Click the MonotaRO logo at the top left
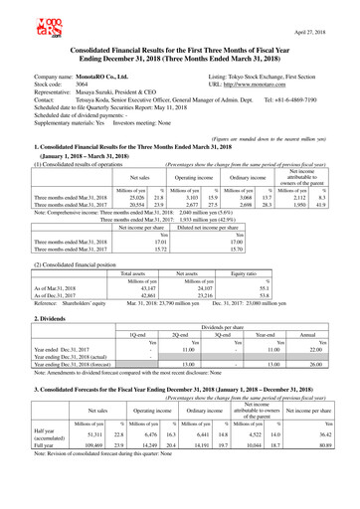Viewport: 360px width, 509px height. click(21, 19)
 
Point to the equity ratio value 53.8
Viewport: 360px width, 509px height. click(266, 295)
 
